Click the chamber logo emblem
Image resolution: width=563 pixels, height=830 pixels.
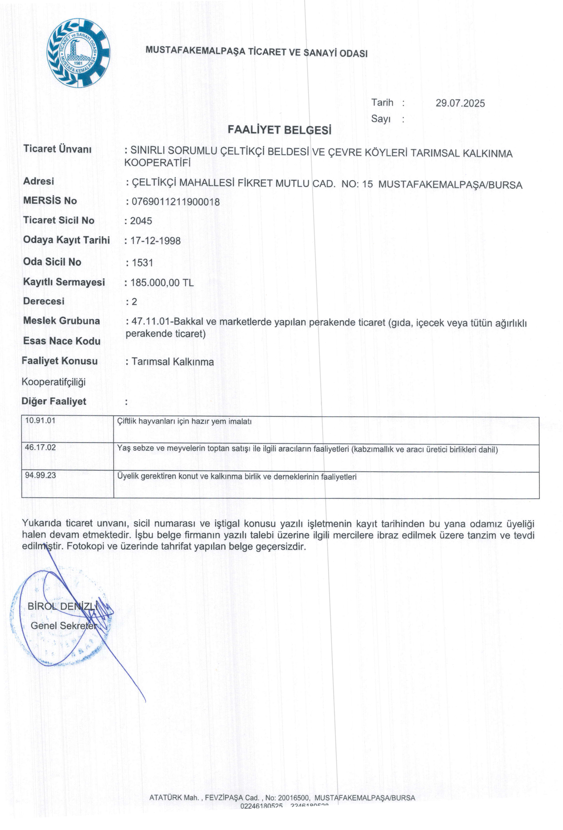coord(79,53)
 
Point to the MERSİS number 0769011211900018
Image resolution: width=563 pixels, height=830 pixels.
coord(175,202)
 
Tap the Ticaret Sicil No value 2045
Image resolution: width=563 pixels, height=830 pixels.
coord(141,221)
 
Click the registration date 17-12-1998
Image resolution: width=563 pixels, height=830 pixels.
coord(155,241)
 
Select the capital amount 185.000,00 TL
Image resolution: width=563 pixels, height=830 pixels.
coord(162,283)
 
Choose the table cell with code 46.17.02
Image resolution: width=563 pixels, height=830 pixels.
coord(40,448)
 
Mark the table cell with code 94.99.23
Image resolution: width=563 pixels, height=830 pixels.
coord(40,475)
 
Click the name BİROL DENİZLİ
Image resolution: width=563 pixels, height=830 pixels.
coord(62,606)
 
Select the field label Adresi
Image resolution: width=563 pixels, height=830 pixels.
coord(39,181)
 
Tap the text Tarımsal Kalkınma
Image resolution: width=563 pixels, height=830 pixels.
coord(172,362)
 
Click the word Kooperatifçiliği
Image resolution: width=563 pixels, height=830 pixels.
coord(54,382)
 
